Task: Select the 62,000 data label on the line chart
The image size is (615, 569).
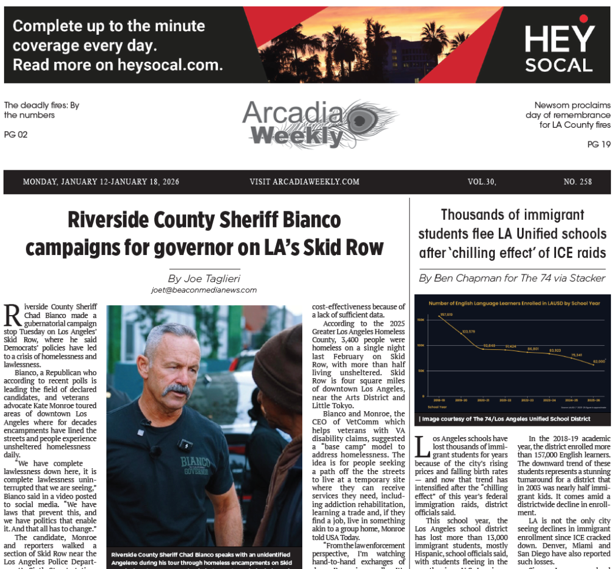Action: pyautogui.click(x=600, y=360)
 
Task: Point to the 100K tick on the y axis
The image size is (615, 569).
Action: pyautogui.click(x=421, y=345)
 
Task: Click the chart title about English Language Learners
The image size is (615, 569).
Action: pyautogui.click(x=514, y=303)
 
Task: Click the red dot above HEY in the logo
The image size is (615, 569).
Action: pyautogui.click(x=583, y=19)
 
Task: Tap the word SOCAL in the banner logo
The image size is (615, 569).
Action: pyautogui.click(x=559, y=65)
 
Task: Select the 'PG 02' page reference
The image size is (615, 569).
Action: pyautogui.click(x=16, y=135)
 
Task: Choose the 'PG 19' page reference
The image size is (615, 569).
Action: pyautogui.click(x=599, y=144)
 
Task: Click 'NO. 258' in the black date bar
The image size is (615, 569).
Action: pyautogui.click(x=577, y=182)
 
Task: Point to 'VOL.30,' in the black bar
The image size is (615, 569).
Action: pyautogui.click(x=482, y=182)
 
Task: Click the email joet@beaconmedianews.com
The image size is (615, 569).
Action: pyautogui.click(x=204, y=290)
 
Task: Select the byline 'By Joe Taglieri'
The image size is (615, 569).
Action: pyautogui.click(x=204, y=279)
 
